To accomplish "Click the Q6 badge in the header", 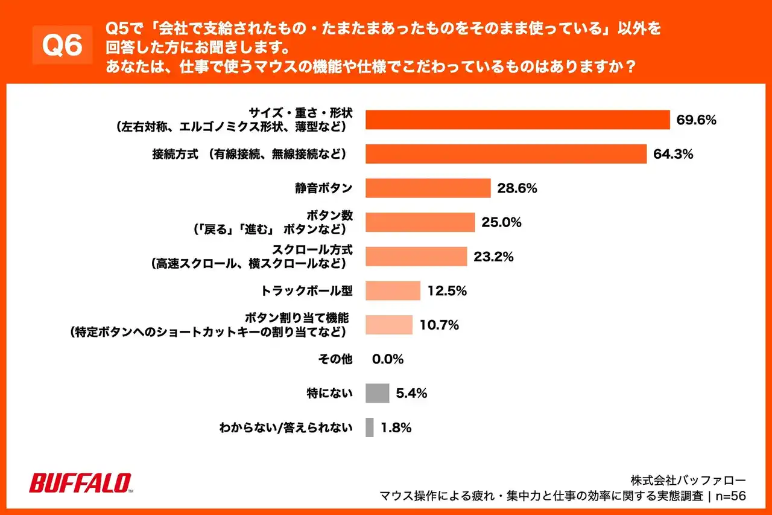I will tap(62, 46).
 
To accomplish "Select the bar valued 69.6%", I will tap(517, 120).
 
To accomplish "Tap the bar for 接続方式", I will tap(506, 154).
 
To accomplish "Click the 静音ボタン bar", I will tap(428, 188).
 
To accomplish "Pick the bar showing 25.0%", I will tap(420, 222).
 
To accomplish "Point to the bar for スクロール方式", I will tap(416, 257).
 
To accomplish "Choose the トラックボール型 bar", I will tap(393, 291).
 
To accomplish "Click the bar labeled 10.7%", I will tap(389, 325).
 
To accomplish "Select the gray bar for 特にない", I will tap(378, 394).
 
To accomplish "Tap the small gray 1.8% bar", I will tap(370, 427).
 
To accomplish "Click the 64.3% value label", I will tap(673, 154).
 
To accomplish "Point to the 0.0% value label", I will tap(388, 359).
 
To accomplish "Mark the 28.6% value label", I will tap(517, 188).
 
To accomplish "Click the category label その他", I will tap(335, 359).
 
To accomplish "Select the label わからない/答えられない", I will tap(285, 428).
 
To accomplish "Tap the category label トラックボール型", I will tap(306, 291).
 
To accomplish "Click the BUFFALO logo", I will tap(81, 482).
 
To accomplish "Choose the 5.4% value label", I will tap(411, 394).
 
